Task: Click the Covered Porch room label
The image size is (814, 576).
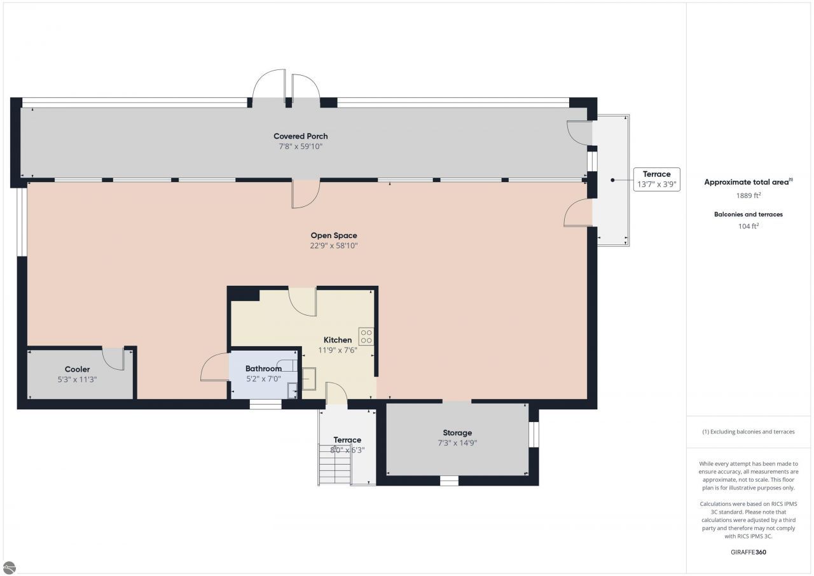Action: click(301, 136)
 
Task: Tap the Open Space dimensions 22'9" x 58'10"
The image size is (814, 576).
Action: click(334, 246)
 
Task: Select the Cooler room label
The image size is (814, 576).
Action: click(77, 369)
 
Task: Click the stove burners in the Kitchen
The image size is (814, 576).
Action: click(366, 336)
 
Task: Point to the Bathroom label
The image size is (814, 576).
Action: click(263, 369)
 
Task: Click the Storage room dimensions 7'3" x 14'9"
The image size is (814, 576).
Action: click(457, 443)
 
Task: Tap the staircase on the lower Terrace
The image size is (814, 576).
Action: click(335, 465)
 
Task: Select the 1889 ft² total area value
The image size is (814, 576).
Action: click(748, 195)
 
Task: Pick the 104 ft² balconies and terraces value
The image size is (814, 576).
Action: click(748, 226)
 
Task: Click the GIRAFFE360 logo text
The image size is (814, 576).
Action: click(748, 552)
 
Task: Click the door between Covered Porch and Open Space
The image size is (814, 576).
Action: click(306, 194)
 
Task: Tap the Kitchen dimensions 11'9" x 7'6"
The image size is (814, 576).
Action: click(338, 350)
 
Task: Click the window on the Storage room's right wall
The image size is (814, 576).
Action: click(534, 434)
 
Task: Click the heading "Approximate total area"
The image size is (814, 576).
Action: click(747, 182)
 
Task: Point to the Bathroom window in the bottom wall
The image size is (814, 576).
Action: click(266, 404)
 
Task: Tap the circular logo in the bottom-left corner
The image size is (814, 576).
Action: click(9, 568)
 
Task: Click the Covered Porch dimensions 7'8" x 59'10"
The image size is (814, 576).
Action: click(301, 146)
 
